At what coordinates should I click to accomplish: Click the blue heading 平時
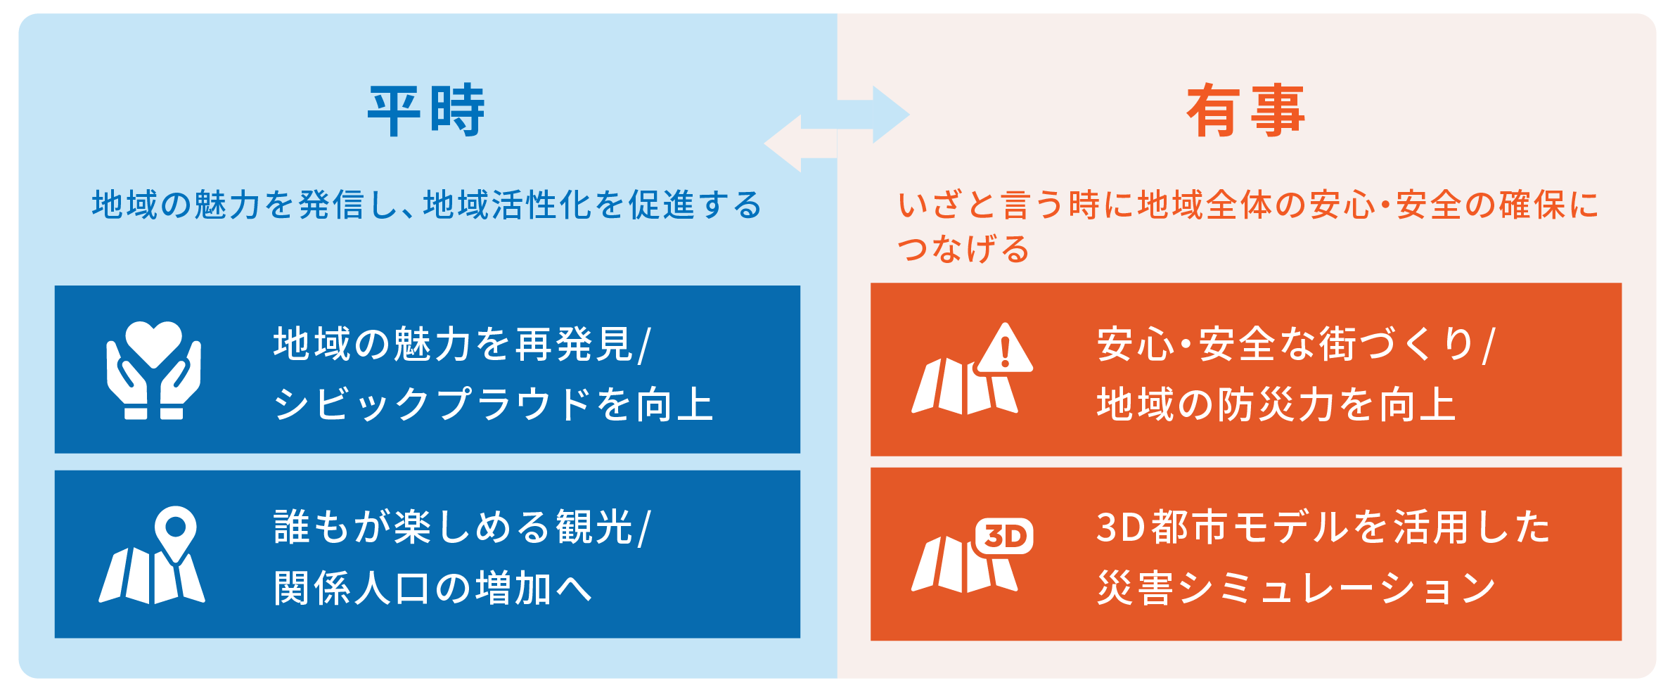click(x=426, y=110)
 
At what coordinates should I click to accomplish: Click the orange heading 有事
click(x=1245, y=110)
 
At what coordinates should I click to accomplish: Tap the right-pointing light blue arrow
click(x=873, y=115)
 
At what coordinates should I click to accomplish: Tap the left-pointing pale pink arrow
click(x=801, y=143)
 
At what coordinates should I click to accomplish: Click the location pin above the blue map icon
click(x=175, y=533)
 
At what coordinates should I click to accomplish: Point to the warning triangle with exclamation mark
click(x=1006, y=347)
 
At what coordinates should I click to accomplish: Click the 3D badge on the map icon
click(x=1004, y=537)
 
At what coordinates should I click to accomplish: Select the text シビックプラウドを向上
click(x=494, y=404)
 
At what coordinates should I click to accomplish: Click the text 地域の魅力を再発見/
click(x=463, y=344)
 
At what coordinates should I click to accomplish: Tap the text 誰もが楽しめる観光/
click(x=463, y=527)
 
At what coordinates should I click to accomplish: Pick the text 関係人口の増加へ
click(x=433, y=588)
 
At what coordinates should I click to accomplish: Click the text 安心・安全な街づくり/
click(x=1296, y=344)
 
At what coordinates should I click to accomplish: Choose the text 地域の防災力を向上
click(x=1276, y=404)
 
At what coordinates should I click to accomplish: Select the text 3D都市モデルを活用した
click(x=1323, y=527)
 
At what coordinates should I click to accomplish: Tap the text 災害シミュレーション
click(x=1297, y=588)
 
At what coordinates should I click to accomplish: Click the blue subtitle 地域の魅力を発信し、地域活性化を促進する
click(x=427, y=205)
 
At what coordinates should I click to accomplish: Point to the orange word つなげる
click(x=963, y=249)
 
